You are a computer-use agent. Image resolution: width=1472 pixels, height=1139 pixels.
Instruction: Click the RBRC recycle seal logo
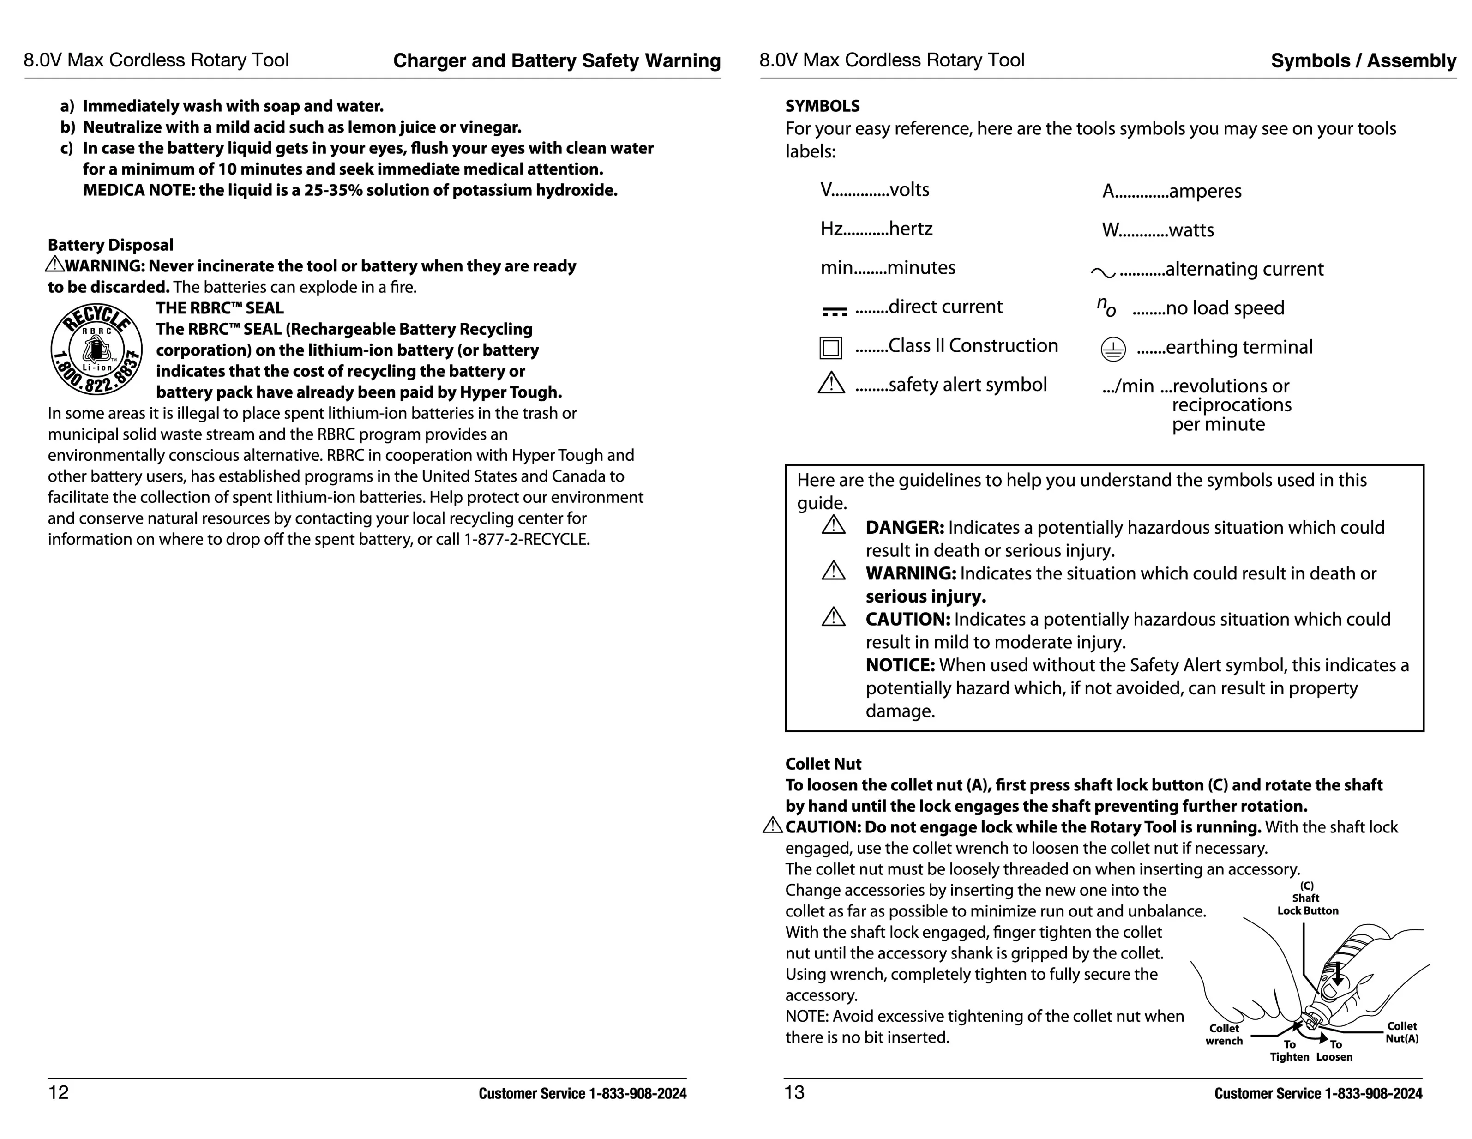click(x=96, y=349)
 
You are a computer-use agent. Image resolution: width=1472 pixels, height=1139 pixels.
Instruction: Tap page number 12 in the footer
click(x=59, y=1092)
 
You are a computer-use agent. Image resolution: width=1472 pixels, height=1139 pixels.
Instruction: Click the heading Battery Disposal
click(x=110, y=245)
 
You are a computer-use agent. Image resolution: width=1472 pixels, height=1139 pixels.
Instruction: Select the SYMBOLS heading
click(x=822, y=106)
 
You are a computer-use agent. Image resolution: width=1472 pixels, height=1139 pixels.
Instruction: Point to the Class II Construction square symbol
click(x=830, y=348)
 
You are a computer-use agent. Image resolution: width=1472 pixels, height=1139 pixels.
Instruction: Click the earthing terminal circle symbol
click(x=1113, y=349)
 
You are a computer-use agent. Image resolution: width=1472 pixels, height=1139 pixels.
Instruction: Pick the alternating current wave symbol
click(x=1103, y=272)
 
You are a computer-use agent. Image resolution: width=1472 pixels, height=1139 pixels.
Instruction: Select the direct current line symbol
click(x=835, y=311)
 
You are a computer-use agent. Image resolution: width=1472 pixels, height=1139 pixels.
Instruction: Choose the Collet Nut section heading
click(x=823, y=764)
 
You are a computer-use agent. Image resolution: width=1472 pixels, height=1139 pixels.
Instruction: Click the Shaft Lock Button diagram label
click(x=1307, y=904)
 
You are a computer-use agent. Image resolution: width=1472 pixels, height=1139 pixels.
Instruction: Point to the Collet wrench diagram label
click(x=1224, y=1035)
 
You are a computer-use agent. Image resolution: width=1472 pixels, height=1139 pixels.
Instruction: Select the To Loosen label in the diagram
click(x=1334, y=1051)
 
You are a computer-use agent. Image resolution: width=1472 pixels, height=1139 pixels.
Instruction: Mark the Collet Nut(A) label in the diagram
click(x=1402, y=1032)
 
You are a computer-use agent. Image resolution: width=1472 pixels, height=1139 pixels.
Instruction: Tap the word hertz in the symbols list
click(x=911, y=229)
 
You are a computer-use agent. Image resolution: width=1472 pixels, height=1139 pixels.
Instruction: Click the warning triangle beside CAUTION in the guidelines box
click(x=834, y=617)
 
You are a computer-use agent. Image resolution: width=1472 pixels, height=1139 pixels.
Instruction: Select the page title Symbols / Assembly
click(x=1363, y=60)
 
